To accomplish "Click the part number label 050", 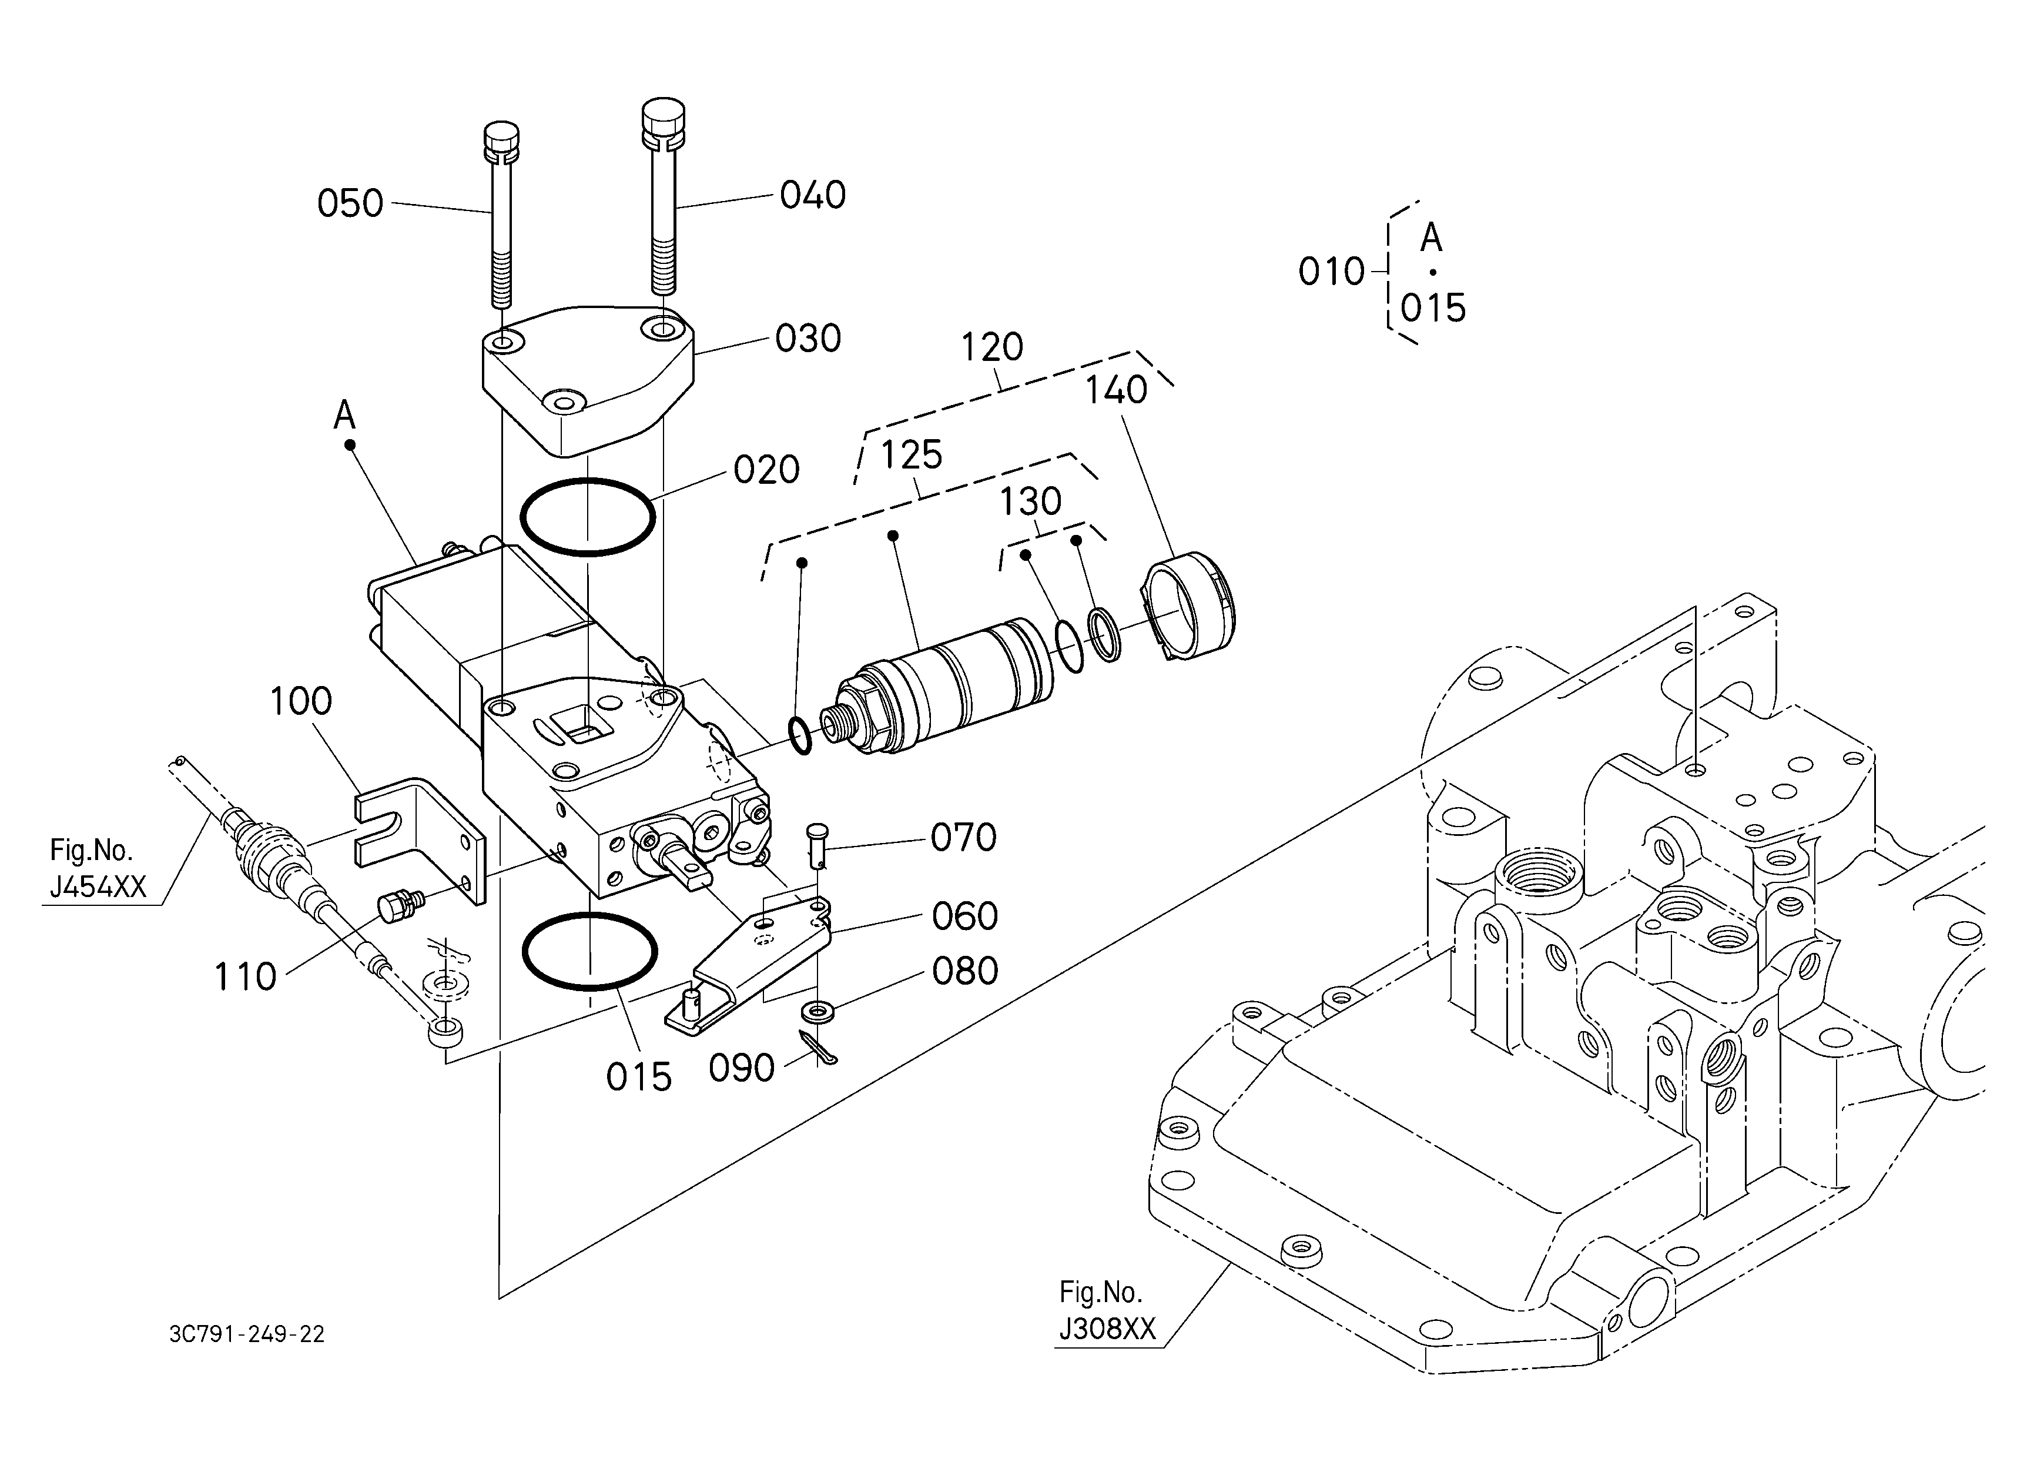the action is [350, 204].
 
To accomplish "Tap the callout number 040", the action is [812, 195].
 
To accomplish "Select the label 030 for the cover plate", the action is [808, 339].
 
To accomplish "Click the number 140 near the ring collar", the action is [1116, 390].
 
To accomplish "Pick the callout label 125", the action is [912, 456].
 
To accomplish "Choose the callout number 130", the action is [1030, 502].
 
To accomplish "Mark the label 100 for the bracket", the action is [300, 701].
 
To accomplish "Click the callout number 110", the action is [245, 977].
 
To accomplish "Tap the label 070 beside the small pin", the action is [963, 838].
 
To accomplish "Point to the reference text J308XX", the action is [1107, 1330].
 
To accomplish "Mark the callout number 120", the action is [992, 347].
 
